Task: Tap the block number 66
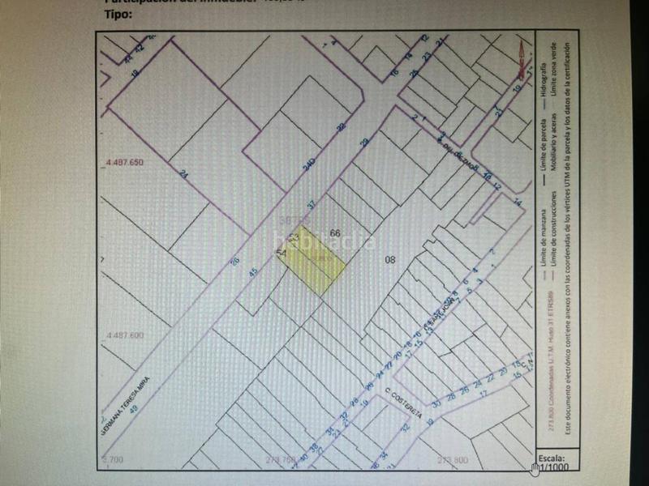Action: coord(334,233)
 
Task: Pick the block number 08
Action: coord(389,260)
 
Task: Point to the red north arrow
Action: coord(521,57)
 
